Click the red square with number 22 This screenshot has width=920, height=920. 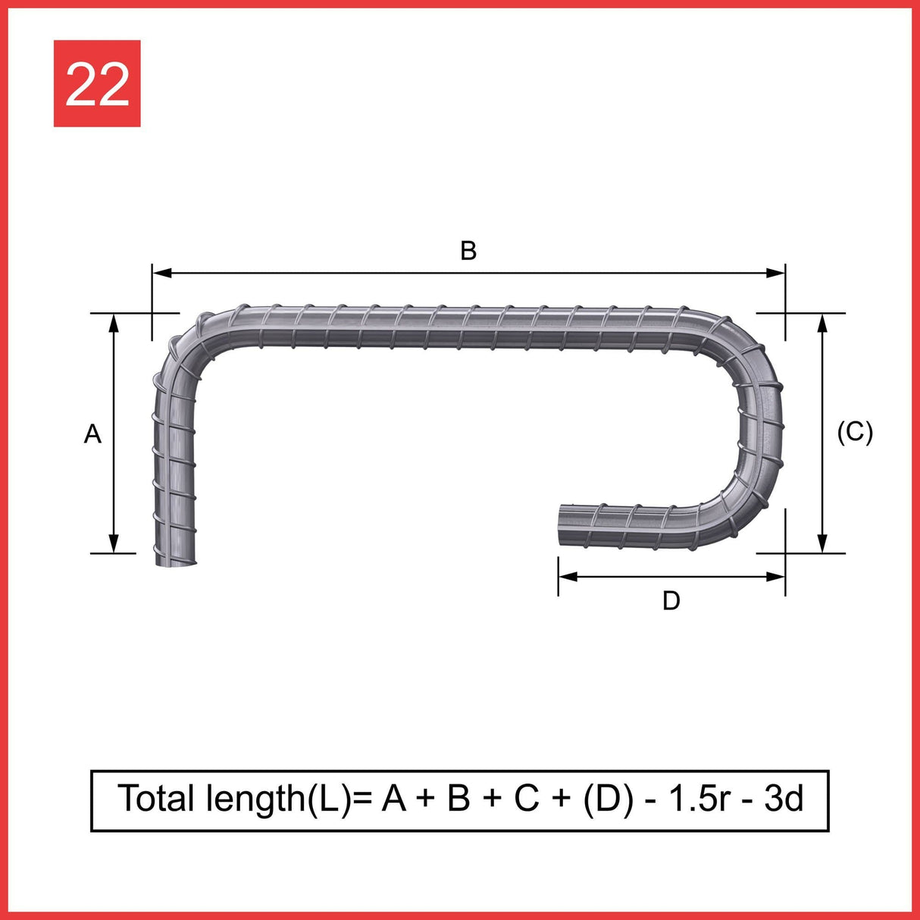(x=97, y=83)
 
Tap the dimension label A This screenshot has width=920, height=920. (x=92, y=434)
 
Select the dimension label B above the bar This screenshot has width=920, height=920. (x=468, y=251)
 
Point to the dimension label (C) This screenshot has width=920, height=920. (x=855, y=432)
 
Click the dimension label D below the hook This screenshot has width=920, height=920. (x=671, y=601)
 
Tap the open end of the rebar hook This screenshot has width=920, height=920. (x=562, y=524)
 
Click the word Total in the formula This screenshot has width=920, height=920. (x=157, y=799)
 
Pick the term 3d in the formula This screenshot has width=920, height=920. (x=784, y=799)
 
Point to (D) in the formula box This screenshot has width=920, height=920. (x=608, y=799)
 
